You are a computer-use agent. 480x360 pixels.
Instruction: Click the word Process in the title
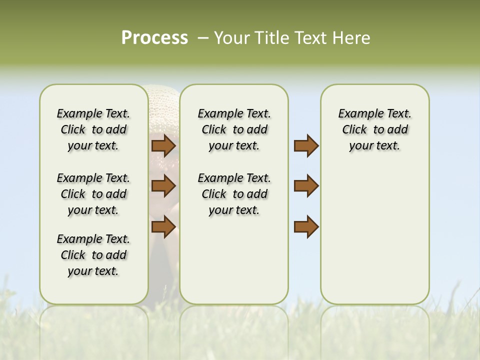pyautogui.click(x=154, y=38)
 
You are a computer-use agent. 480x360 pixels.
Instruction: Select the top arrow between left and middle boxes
pyautogui.click(x=163, y=146)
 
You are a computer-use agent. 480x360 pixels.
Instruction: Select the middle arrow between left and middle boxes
pyautogui.click(x=163, y=186)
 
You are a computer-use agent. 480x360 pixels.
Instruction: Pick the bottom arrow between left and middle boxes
pyautogui.click(x=163, y=226)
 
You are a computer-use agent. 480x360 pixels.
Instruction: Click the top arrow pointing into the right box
pyautogui.click(x=306, y=146)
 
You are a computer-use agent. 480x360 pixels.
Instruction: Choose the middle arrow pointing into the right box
pyautogui.click(x=306, y=186)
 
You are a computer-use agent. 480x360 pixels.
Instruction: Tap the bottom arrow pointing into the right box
pyautogui.click(x=306, y=226)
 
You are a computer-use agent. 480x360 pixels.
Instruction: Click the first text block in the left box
pyautogui.click(x=93, y=129)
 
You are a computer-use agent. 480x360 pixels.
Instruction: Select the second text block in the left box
pyautogui.click(x=93, y=194)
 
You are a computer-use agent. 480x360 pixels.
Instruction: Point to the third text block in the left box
pyautogui.click(x=93, y=255)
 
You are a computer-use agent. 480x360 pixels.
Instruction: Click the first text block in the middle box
pyautogui.click(x=234, y=129)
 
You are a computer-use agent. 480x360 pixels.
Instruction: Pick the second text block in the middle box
pyautogui.click(x=234, y=194)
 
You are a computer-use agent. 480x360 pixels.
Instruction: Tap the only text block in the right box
pyautogui.click(x=374, y=129)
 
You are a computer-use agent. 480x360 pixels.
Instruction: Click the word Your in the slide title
pyautogui.click(x=228, y=38)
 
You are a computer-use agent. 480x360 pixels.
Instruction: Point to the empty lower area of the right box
pyautogui.click(x=374, y=235)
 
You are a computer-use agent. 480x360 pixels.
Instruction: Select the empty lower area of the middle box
pyautogui.click(x=234, y=260)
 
